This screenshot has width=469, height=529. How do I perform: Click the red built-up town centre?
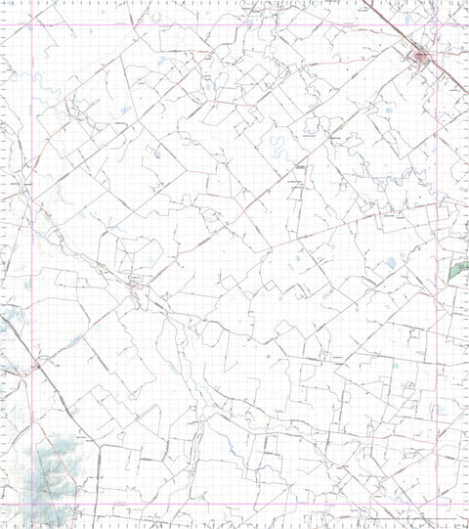[422, 60]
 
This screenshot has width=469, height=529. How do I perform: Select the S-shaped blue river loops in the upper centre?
[278, 149]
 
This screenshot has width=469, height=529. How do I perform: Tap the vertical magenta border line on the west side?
[33, 244]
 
